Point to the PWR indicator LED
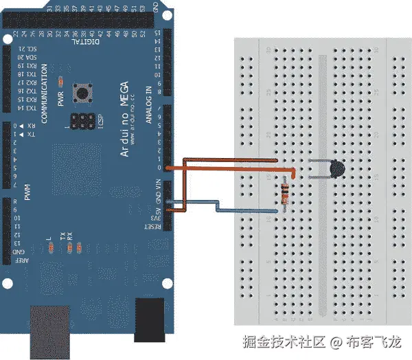[x=62, y=80]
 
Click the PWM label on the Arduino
[x=28, y=193]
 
